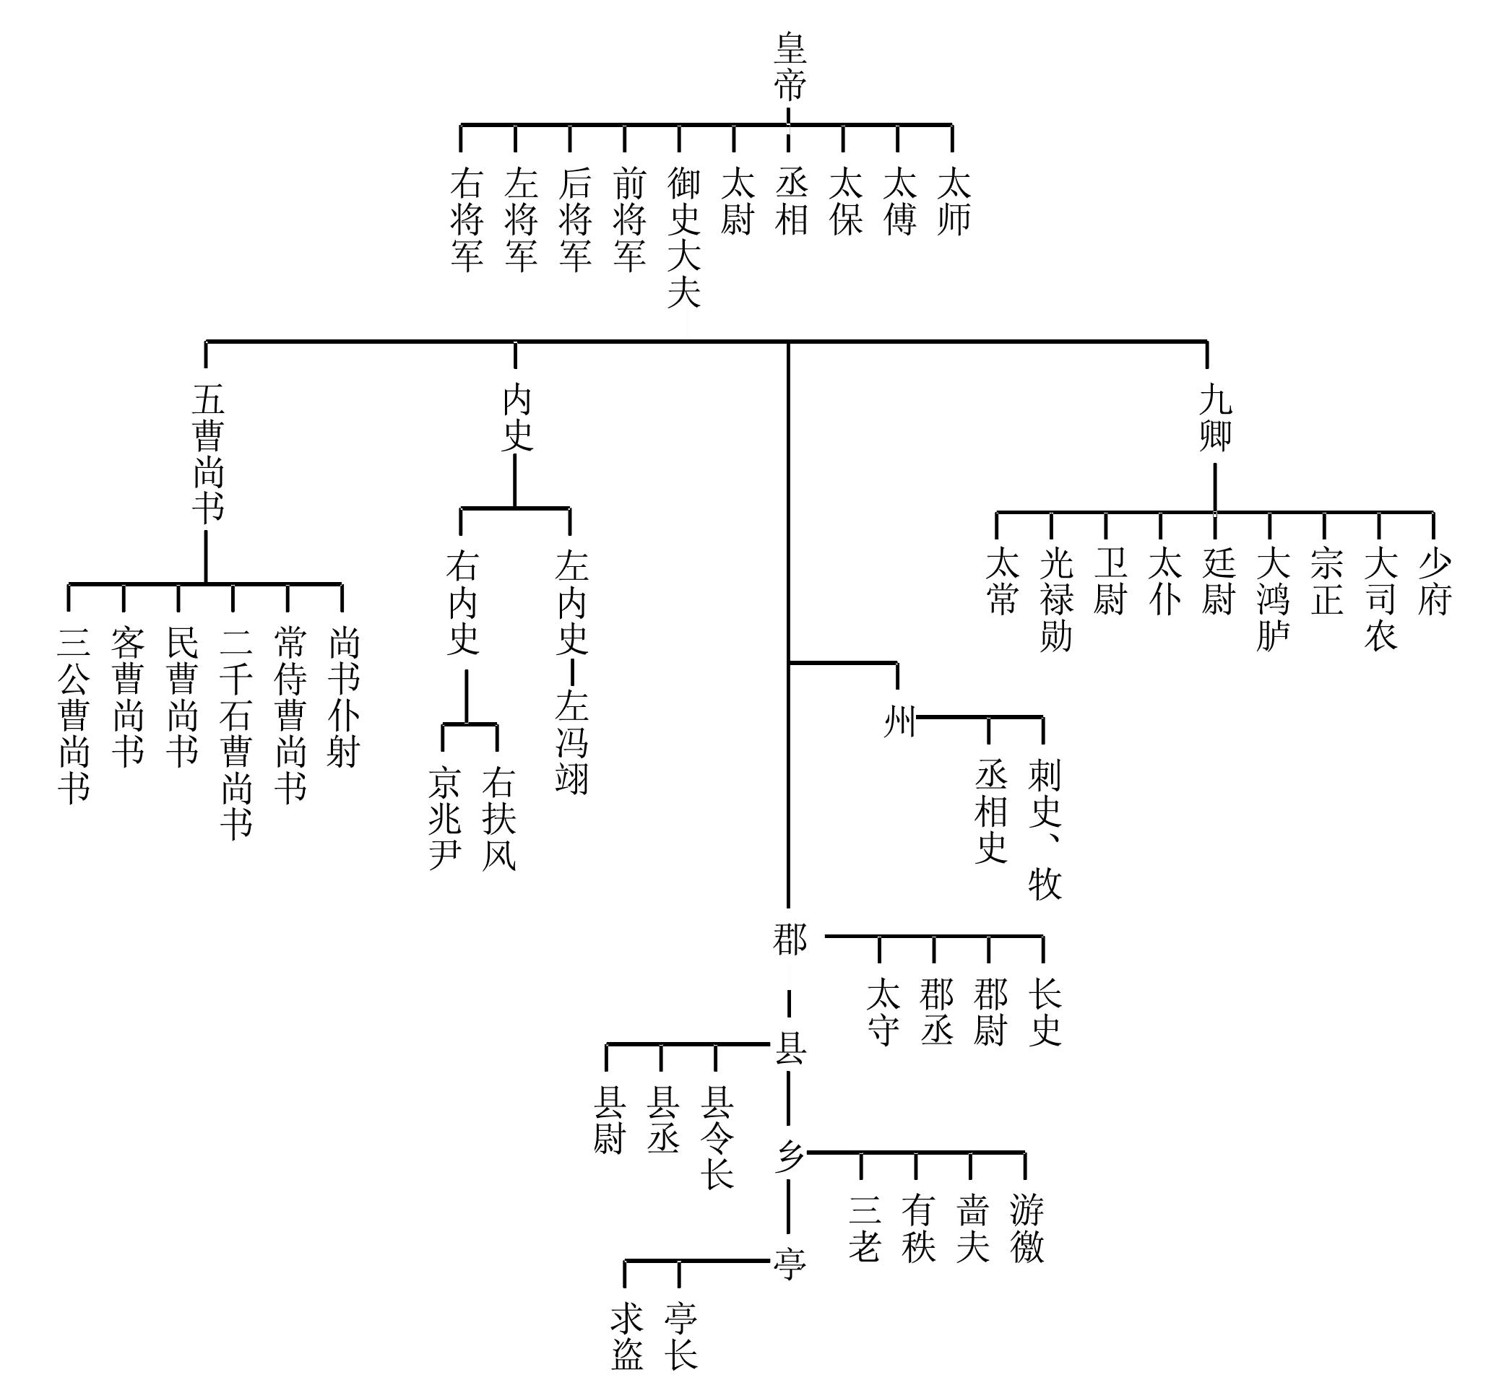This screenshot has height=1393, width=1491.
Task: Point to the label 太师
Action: pos(954,201)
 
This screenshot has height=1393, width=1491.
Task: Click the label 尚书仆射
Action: pos(344,698)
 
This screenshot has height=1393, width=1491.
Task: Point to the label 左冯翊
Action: pos(571,742)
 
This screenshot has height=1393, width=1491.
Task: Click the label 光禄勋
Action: pos(1056,599)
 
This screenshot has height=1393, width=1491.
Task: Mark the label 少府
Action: pos(1434,582)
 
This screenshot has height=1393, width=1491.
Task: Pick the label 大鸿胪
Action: pos(1272,599)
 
